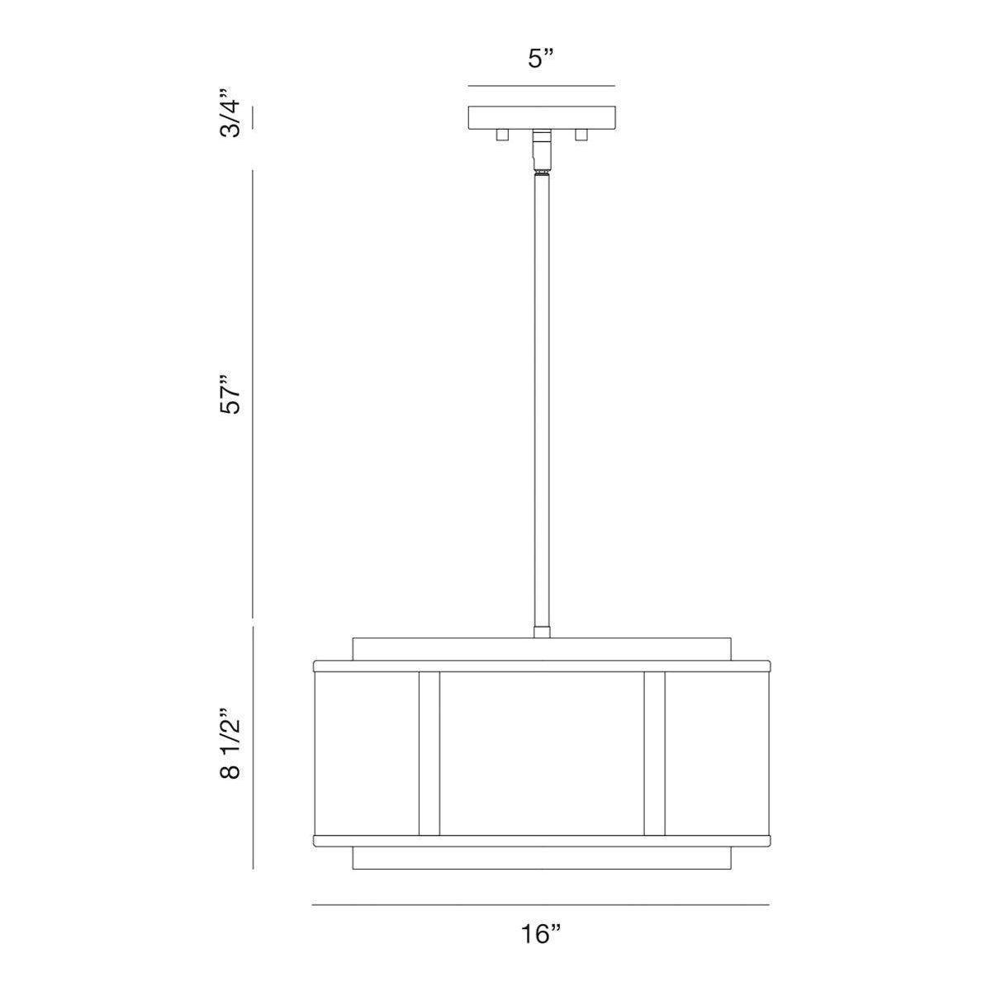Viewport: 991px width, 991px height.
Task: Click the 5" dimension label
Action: tap(541, 59)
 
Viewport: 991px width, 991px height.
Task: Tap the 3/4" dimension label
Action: tap(230, 113)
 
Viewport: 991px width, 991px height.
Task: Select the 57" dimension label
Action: tap(230, 395)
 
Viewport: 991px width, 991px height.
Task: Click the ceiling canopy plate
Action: tap(542, 117)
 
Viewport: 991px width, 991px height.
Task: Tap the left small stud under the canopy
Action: tap(501, 135)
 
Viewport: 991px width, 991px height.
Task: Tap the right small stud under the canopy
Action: tap(581, 135)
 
